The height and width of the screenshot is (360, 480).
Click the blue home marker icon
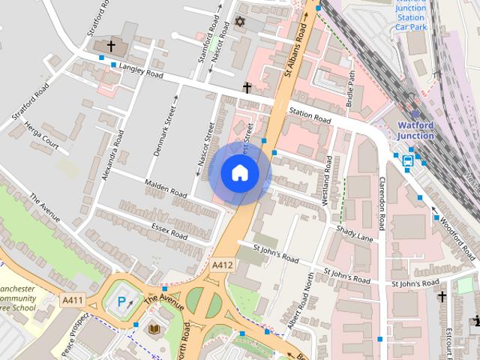tap(239, 173)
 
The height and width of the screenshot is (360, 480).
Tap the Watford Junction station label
tap(415, 130)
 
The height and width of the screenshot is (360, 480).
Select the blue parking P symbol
tap(121, 304)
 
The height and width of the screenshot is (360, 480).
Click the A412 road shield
tap(222, 265)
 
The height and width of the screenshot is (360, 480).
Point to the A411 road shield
tap(72, 299)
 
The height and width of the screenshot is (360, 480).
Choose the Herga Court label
tap(40, 133)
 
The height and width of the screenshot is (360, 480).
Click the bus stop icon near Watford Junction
tap(408, 160)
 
